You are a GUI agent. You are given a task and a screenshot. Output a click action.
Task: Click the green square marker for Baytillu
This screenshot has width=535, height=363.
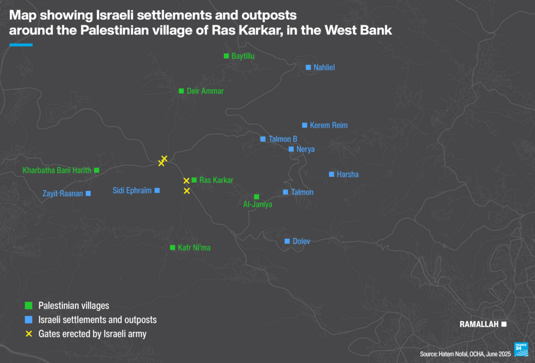(226, 56)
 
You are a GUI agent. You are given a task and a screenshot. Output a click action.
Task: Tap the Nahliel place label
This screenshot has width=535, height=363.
(324, 68)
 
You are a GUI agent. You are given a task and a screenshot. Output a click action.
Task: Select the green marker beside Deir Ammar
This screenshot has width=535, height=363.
(181, 91)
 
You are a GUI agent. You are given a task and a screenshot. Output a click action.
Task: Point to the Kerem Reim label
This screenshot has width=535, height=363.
(328, 126)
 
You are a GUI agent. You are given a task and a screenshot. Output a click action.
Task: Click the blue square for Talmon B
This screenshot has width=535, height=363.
(263, 139)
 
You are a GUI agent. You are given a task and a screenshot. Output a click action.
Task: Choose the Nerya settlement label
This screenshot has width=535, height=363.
(305, 149)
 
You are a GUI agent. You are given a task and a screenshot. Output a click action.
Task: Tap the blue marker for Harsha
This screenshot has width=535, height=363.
(331, 174)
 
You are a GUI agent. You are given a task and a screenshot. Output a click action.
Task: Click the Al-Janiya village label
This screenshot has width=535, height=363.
(257, 205)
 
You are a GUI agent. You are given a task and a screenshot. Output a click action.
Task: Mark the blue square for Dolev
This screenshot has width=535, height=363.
(287, 241)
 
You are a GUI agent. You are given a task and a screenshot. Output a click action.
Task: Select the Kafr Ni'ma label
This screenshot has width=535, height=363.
(194, 248)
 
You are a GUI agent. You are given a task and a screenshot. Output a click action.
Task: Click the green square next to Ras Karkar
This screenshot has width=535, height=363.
(194, 180)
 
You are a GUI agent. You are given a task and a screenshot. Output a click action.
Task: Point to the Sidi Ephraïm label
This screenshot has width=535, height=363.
(132, 191)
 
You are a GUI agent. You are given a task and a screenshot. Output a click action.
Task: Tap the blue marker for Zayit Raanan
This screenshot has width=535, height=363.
(88, 193)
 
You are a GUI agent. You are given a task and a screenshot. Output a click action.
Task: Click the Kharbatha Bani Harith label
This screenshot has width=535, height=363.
(57, 170)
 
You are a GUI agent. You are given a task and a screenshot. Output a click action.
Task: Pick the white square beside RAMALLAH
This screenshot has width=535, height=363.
(504, 324)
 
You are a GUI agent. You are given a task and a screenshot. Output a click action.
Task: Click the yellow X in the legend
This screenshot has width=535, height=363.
(28, 334)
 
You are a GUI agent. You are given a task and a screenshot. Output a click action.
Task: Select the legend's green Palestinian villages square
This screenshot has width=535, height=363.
(28, 306)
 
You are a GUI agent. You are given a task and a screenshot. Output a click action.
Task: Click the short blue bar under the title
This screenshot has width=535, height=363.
(21, 45)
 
